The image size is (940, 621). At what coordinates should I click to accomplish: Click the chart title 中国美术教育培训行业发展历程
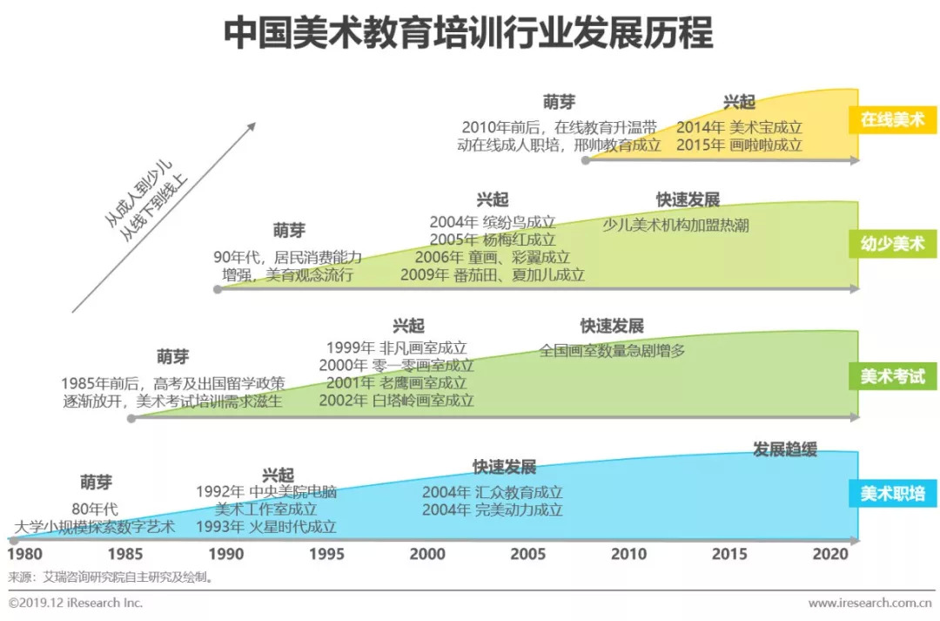(469, 34)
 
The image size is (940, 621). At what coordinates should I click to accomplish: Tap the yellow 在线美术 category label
(892, 119)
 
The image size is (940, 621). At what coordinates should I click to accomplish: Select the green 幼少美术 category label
(892, 243)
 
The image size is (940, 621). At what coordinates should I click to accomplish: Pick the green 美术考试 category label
(892, 376)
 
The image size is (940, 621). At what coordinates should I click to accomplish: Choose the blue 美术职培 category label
(892, 495)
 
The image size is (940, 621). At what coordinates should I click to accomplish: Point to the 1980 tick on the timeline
(24, 554)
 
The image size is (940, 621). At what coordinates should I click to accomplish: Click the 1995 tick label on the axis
(326, 554)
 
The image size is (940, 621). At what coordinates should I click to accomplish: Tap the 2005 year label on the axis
(527, 554)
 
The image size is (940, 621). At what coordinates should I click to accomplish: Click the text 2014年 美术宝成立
(739, 125)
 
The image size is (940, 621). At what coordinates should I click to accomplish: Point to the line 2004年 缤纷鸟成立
(492, 221)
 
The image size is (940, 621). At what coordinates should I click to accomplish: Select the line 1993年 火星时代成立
(266, 527)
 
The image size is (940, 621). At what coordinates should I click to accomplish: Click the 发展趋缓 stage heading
(785, 449)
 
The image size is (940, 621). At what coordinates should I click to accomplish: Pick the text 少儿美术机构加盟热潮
(675, 225)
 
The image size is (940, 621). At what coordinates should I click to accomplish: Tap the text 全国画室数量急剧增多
(612, 351)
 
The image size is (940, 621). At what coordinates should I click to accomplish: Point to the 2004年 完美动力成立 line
(492, 510)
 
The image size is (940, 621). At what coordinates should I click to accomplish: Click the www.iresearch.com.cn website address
(870, 603)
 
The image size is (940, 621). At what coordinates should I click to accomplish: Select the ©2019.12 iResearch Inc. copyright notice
(76, 603)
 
